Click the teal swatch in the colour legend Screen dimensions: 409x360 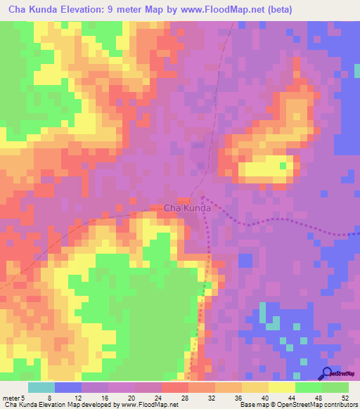pyautogui.click(x=41, y=387)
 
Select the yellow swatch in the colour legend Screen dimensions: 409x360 pyautogui.click(x=281, y=387)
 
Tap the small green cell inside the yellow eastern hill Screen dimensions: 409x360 pyautogui.click(x=284, y=166)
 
